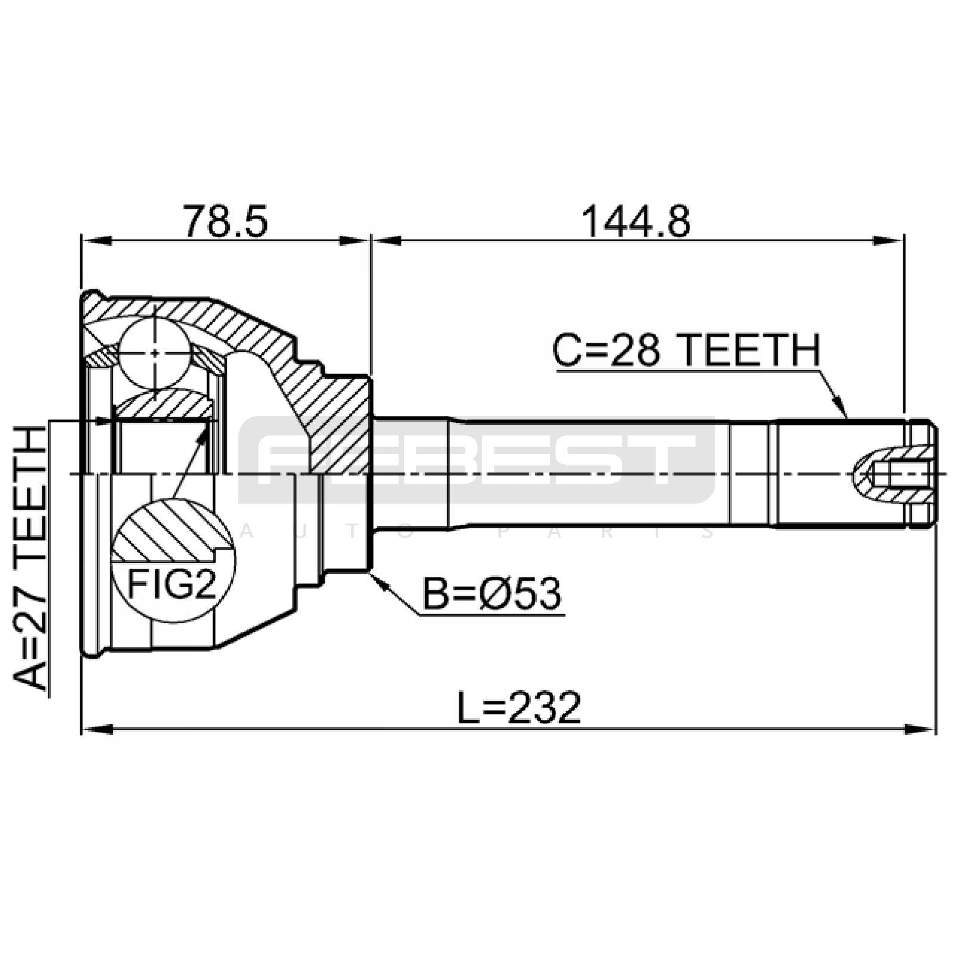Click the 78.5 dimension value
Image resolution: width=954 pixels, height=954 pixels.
pos(225,221)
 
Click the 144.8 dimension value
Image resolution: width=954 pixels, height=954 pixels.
pos(636,221)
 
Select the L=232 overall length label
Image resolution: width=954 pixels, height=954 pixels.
pos(519,708)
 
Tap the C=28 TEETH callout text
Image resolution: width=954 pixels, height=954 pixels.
pos(686,350)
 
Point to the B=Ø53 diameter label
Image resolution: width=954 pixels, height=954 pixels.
pos(492,594)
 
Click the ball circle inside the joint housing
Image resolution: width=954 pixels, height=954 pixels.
pos(154,352)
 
